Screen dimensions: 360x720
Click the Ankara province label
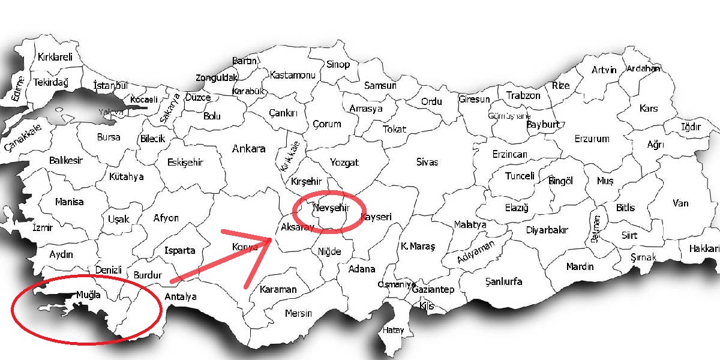(x=248, y=149)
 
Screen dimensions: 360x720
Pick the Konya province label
(x=245, y=247)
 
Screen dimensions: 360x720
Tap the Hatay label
(x=394, y=330)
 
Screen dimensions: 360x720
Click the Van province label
(x=680, y=203)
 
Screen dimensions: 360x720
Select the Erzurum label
(x=592, y=139)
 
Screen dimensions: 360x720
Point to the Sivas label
(x=427, y=162)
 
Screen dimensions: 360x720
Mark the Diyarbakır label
(x=547, y=230)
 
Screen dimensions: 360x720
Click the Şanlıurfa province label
(x=503, y=281)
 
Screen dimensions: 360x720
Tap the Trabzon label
(x=523, y=95)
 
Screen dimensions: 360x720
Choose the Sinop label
(x=338, y=64)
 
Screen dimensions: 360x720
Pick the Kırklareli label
(x=55, y=58)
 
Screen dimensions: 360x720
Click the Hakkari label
(x=704, y=248)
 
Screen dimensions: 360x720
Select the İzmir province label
(x=43, y=227)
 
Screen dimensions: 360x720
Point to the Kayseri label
(x=376, y=217)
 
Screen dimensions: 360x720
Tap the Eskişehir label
(x=185, y=162)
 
